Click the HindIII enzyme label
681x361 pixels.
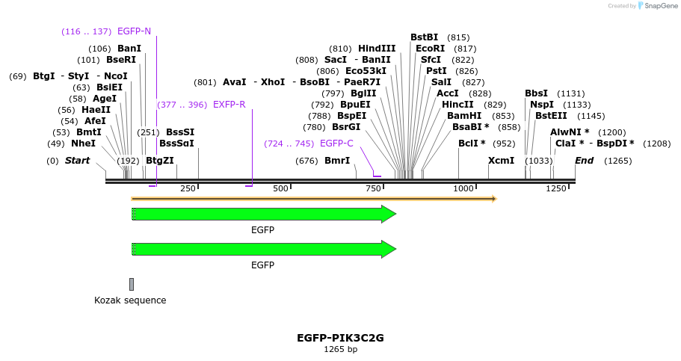(x=377, y=49)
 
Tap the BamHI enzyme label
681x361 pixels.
(x=464, y=116)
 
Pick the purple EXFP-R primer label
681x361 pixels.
(x=229, y=105)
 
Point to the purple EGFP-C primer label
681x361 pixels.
(x=336, y=144)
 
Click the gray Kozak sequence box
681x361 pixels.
(x=132, y=284)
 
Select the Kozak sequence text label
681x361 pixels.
(x=130, y=300)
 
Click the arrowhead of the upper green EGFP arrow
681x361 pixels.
(x=389, y=215)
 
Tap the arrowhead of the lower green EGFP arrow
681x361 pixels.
(x=389, y=250)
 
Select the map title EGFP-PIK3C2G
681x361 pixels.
(x=340, y=338)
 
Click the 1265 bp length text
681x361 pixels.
(x=340, y=349)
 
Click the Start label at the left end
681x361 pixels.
(x=77, y=161)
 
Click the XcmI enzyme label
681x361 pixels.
(x=501, y=161)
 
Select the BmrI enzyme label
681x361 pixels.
(x=337, y=161)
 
